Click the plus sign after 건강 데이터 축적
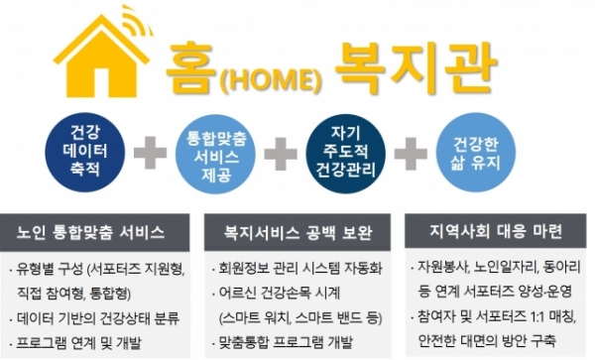(150, 155)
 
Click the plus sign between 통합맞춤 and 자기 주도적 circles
(280, 155)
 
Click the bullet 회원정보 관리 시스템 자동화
(295, 269)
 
